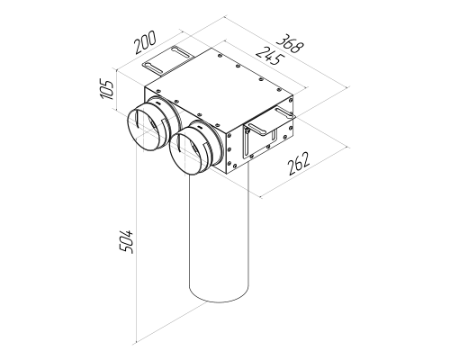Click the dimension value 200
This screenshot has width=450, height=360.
pyautogui.click(x=146, y=42)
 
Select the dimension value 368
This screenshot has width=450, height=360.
pyautogui.click(x=290, y=44)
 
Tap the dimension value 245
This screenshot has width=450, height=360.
pyautogui.click(x=269, y=56)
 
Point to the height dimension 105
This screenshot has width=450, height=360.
pyautogui.click(x=106, y=89)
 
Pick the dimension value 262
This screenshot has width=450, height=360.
pyautogui.click(x=299, y=164)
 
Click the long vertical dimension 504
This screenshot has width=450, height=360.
pyautogui.click(x=126, y=241)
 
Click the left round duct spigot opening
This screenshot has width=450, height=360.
pyautogui.click(x=145, y=130)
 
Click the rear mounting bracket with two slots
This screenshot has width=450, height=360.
pyautogui.click(x=168, y=60)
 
